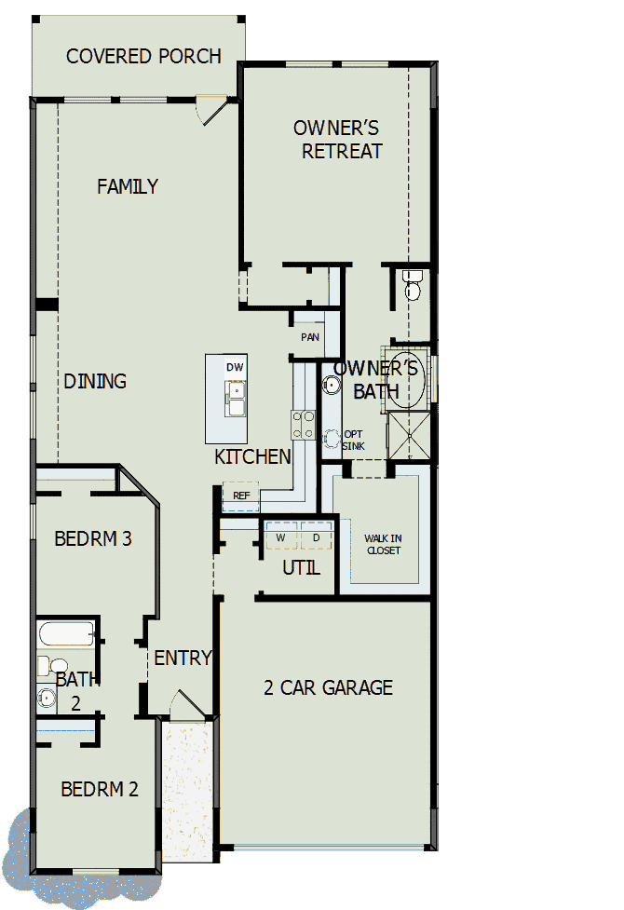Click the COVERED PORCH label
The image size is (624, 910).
click(x=143, y=57)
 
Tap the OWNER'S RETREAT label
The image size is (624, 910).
click(x=336, y=140)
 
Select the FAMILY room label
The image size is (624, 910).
click(x=128, y=186)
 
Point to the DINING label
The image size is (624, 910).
click(x=95, y=381)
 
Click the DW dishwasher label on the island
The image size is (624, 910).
click(x=235, y=367)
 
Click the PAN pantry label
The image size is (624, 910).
click(x=309, y=337)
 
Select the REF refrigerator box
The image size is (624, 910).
click(x=240, y=496)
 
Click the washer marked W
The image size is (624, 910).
click(x=280, y=538)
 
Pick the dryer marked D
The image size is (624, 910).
click(x=316, y=538)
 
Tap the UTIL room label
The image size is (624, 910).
click(x=301, y=567)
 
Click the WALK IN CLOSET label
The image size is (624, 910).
click(x=382, y=544)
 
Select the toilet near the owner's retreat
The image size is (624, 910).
click(x=412, y=286)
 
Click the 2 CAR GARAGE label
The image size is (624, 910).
click(x=328, y=688)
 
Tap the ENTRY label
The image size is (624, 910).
click(x=183, y=658)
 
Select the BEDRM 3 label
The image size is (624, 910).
click(x=92, y=538)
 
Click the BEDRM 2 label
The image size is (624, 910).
click(x=100, y=790)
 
